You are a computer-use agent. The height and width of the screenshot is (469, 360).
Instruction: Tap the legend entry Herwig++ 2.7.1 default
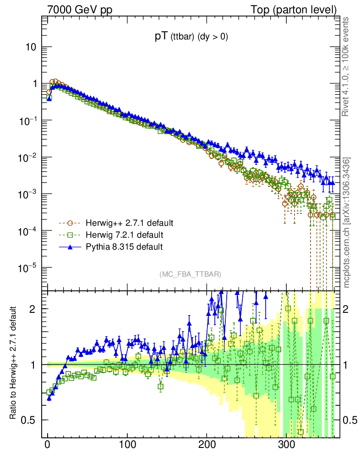(129, 224)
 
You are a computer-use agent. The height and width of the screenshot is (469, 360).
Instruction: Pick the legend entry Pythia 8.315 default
(124, 247)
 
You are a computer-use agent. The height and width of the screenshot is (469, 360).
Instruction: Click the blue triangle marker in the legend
(70, 247)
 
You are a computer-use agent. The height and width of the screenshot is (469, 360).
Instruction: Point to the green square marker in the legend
(70, 235)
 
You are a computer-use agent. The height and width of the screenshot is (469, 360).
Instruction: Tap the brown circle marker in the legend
(70, 224)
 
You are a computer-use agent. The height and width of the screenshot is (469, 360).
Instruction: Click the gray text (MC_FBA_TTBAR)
(191, 274)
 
